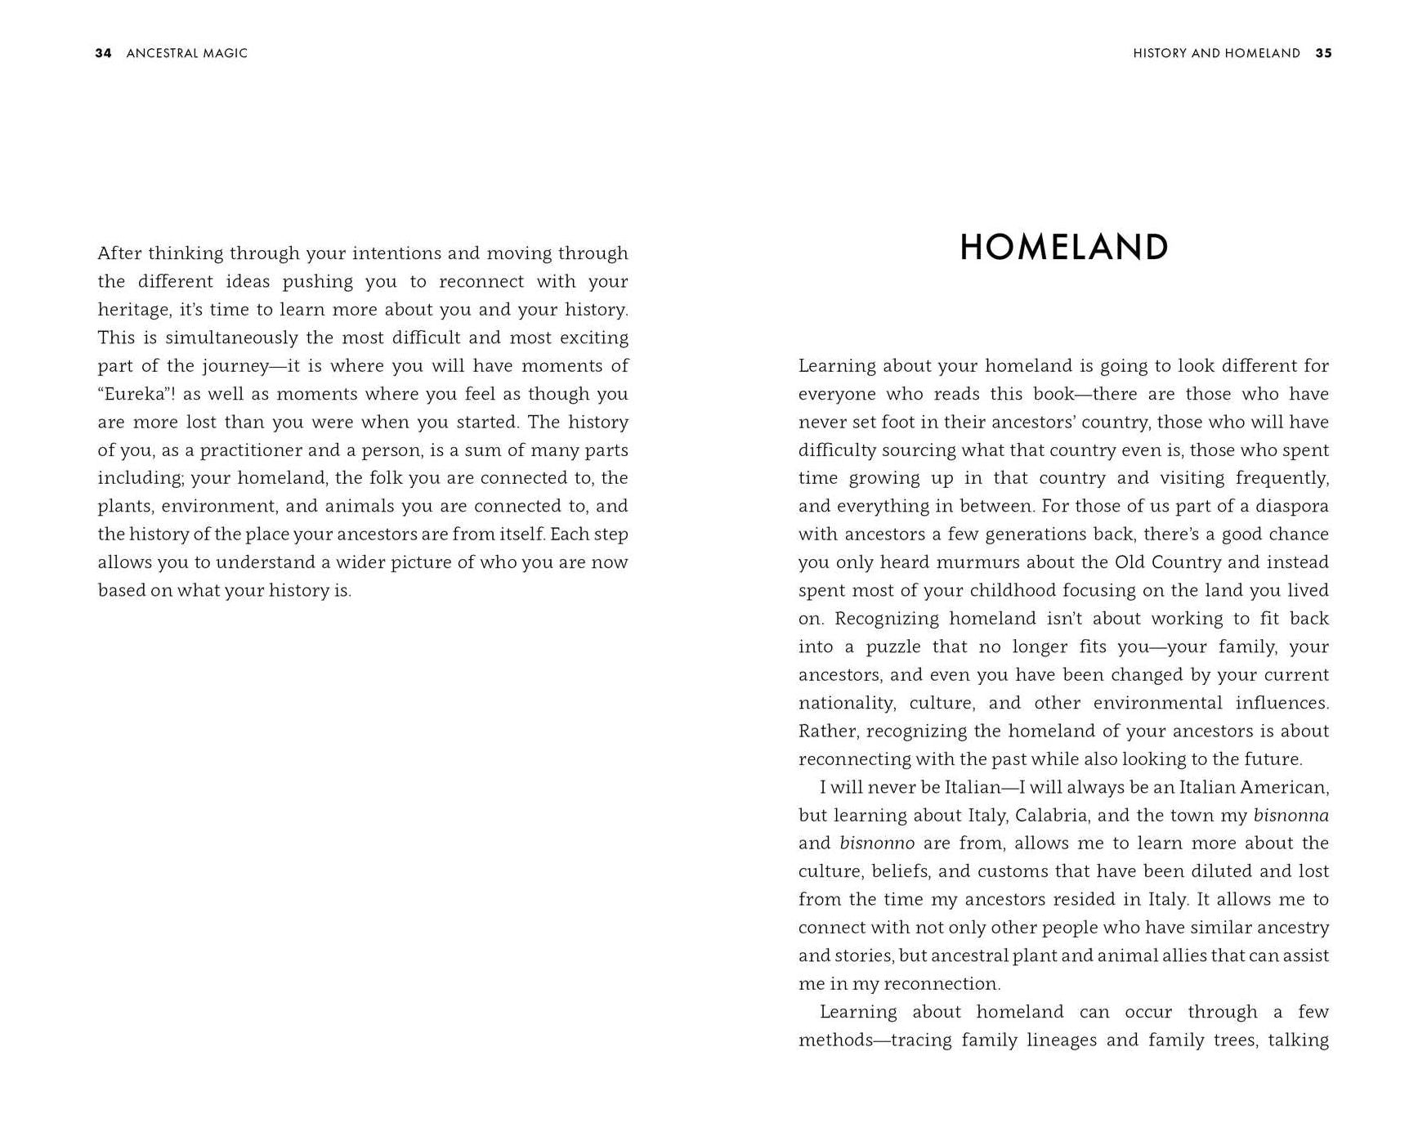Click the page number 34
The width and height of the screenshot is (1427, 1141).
coord(103,53)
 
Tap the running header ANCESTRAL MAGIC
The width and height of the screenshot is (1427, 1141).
coord(186,53)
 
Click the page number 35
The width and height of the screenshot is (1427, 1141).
coord(1323,53)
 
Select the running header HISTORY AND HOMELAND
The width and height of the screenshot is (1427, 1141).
coord(1216,53)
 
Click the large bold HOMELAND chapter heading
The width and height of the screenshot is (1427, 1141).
coord(1063,248)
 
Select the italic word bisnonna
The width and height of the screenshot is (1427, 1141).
coord(1291,816)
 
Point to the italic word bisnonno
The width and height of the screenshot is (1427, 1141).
coord(876,843)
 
